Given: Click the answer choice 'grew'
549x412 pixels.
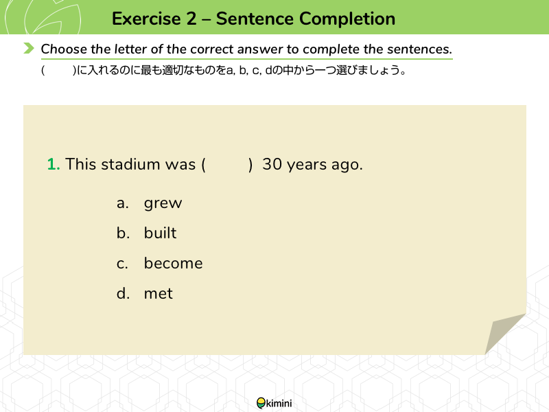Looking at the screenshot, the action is [163, 203].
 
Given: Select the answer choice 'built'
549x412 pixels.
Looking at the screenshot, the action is [160, 233].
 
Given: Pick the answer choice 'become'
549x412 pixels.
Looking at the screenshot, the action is [174, 264].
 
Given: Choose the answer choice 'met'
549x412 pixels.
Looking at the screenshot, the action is [159, 294].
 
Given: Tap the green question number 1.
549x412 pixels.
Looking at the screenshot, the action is [54, 164].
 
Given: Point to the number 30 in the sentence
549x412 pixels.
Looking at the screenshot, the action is [272, 164].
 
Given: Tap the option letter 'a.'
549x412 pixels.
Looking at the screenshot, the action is [123, 203].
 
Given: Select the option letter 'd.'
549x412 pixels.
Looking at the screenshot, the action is [123, 293].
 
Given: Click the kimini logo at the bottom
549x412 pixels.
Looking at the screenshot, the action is [274, 403].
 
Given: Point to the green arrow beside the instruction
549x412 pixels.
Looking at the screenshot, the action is [29, 48].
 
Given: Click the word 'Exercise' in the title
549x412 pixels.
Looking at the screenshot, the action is [146, 19].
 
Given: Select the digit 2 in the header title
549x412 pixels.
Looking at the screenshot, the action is [191, 19].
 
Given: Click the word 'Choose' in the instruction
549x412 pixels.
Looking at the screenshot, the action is [64, 49].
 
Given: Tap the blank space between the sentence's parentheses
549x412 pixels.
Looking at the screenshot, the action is [227, 164].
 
